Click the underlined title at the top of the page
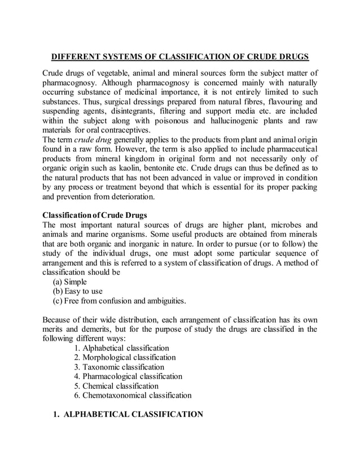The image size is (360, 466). pyautogui.click(x=180, y=58)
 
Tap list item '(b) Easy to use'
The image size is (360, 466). pyautogui.click(x=78, y=291)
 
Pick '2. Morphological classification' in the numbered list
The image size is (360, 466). pyautogui.click(x=125, y=357)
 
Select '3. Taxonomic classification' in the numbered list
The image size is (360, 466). pyautogui.click(x=119, y=367)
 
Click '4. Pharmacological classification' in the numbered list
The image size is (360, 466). pyautogui.click(x=128, y=376)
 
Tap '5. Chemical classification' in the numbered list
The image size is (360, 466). pyautogui.click(x=116, y=386)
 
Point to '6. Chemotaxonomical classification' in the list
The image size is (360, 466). pyautogui.click(x=133, y=395)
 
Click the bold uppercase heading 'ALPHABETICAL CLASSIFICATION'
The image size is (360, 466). pyautogui.click(x=134, y=415)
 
